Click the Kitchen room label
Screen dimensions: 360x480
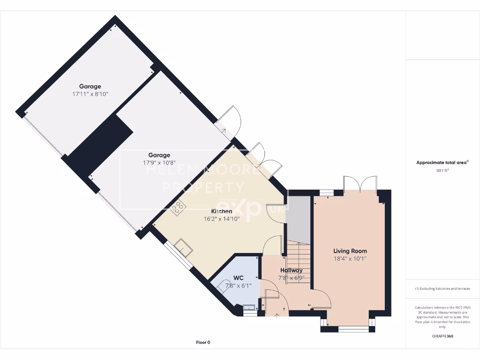click(221, 211)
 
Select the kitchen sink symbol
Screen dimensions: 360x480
click(183, 247)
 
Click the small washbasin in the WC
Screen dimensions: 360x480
click(249, 308)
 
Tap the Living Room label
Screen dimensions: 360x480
click(350, 251)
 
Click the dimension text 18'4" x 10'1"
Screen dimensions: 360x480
click(350, 258)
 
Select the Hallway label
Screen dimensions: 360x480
click(291, 270)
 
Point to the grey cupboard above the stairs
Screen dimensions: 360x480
click(299, 218)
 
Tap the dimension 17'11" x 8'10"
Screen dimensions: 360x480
click(90, 94)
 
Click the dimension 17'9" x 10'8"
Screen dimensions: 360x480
click(159, 163)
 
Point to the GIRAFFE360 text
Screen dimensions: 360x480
click(442, 336)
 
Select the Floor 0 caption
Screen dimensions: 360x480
click(203, 343)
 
